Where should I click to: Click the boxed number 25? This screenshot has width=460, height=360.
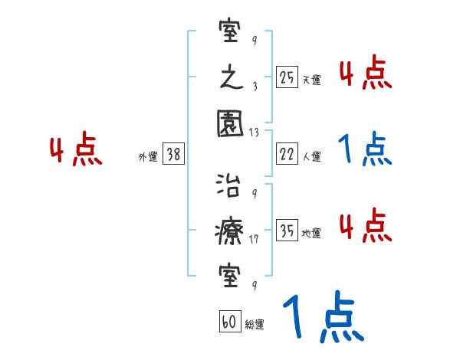287,77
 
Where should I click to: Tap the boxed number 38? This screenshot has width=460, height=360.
173,155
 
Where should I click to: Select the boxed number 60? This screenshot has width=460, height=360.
230,322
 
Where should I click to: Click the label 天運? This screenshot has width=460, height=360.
311,80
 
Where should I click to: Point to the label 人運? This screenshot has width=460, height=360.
311,156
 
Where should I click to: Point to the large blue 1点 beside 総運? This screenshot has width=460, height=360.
322,318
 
